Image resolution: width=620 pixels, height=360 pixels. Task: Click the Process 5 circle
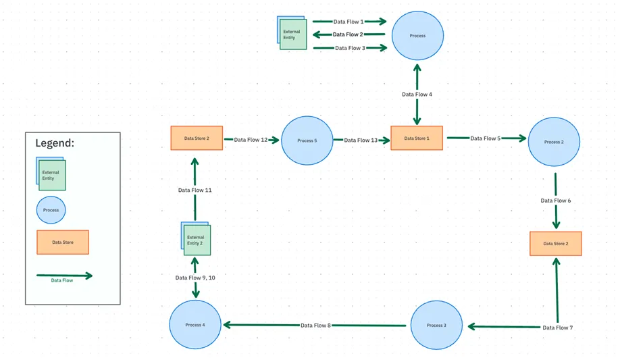pyautogui.click(x=307, y=140)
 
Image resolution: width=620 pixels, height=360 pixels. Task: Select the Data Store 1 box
pyautogui.click(x=416, y=138)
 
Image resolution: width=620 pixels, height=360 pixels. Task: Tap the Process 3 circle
pyautogui.click(x=436, y=325)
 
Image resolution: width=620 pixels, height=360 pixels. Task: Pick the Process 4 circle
pyautogui.click(x=195, y=325)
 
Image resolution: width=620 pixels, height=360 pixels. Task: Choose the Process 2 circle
pyautogui.click(x=554, y=142)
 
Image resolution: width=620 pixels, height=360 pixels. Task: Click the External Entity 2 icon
pyautogui.click(x=196, y=238)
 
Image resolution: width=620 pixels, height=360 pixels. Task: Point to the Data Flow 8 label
pyautogui.click(x=315, y=325)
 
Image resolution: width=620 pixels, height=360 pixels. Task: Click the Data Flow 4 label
pyautogui.click(x=417, y=94)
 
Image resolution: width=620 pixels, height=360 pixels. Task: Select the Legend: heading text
pyautogui.click(x=55, y=143)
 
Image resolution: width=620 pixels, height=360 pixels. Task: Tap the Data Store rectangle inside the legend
pyautogui.click(x=63, y=242)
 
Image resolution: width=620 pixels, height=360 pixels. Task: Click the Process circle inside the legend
pyautogui.click(x=51, y=210)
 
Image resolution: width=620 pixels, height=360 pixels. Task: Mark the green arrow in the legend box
pyautogui.click(x=64, y=276)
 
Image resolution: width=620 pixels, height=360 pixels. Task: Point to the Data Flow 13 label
pyautogui.click(x=361, y=140)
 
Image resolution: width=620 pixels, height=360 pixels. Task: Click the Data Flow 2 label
pyautogui.click(x=348, y=34)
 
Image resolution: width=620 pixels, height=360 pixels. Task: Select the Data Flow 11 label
pyautogui.click(x=195, y=190)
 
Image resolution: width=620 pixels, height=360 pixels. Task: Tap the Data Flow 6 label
pyautogui.click(x=556, y=201)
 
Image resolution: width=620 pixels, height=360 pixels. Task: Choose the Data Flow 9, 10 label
pyautogui.click(x=195, y=278)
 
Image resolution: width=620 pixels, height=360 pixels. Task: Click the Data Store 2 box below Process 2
pyautogui.click(x=556, y=244)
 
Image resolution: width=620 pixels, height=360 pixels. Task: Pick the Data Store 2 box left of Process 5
pyautogui.click(x=197, y=138)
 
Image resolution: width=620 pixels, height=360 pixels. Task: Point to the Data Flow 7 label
pyautogui.click(x=557, y=328)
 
